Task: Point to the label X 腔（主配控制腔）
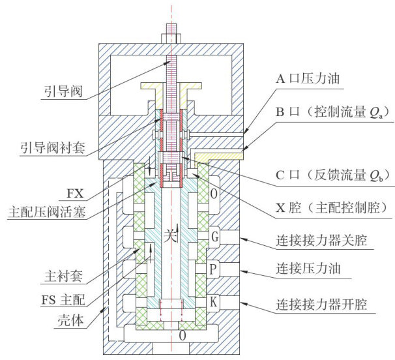(325, 207)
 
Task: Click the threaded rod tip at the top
(172, 29)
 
